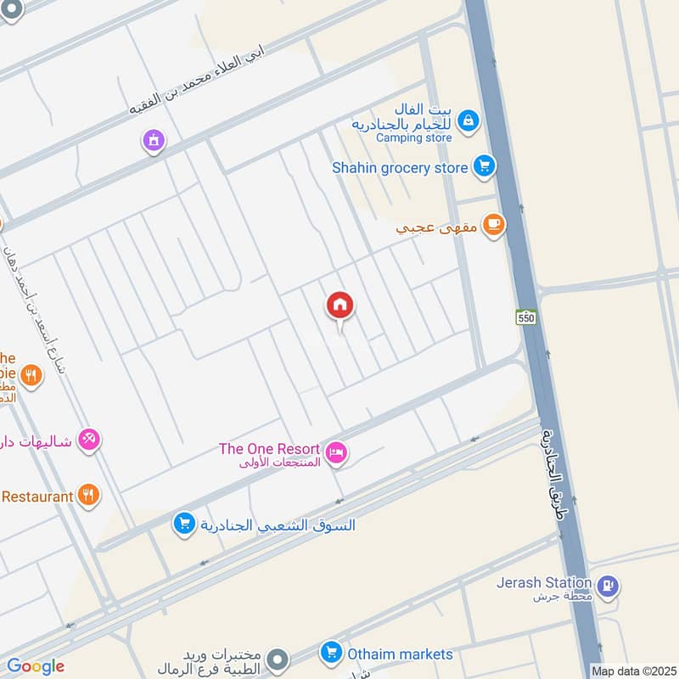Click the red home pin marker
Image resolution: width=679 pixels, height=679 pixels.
click(x=340, y=306)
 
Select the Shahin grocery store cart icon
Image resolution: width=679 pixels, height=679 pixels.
click(x=484, y=166)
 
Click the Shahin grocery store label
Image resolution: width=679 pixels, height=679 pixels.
click(x=400, y=167)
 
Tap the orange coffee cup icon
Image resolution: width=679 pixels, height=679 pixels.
click(x=492, y=225)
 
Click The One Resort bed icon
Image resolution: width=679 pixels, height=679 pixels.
click(x=337, y=453)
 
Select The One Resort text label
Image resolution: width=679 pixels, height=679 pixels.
click(x=269, y=449)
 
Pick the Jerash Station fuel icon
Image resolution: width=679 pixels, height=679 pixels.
click(x=608, y=585)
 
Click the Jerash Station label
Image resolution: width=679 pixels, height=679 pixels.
click(x=544, y=582)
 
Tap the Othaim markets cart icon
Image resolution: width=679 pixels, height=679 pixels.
click(x=331, y=653)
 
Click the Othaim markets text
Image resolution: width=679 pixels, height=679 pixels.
click(x=399, y=654)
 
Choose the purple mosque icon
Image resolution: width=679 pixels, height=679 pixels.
click(x=153, y=139)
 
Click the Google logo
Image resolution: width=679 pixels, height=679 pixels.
click(x=36, y=666)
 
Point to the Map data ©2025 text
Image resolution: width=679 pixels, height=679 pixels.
click(x=633, y=671)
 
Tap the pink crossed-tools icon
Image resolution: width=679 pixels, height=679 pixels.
click(x=89, y=439)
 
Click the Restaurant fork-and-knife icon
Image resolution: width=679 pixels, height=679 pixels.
click(x=88, y=494)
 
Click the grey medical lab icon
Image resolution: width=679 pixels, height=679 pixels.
click(x=276, y=659)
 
